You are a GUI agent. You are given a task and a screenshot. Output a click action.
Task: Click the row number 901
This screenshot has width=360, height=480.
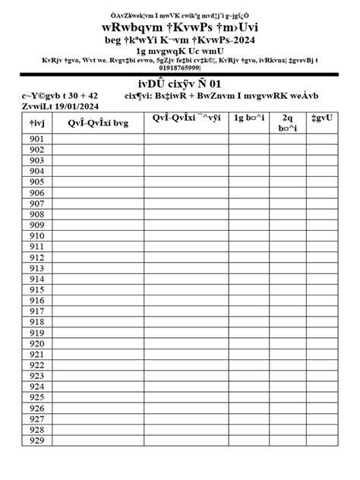(37, 140)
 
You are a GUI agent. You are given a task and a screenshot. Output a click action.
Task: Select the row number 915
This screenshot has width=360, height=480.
(37, 289)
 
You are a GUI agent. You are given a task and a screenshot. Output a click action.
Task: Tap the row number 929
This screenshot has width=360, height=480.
(37, 440)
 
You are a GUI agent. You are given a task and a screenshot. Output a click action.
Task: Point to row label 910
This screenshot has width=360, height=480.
(37, 236)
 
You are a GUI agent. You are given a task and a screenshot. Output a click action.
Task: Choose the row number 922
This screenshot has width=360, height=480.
(37, 365)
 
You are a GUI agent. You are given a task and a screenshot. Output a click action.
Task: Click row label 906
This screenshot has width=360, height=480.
(37, 194)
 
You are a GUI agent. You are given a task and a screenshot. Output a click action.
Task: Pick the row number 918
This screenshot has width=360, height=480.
(37, 322)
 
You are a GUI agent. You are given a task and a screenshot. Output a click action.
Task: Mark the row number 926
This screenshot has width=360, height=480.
(37, 408)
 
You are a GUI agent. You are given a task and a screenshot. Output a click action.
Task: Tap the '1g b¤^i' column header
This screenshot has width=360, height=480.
(250, 118)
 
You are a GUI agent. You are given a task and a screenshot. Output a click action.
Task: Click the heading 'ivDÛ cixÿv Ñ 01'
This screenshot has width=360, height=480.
(179, 83)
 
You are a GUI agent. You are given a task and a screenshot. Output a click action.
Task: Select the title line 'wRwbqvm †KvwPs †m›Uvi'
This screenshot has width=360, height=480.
(179, 25)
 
